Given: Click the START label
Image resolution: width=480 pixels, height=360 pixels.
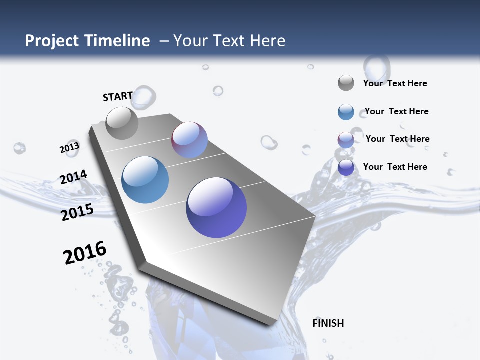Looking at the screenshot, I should (x=118, y=96).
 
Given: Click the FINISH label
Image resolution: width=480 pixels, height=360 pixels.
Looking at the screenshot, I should (x=328, y=323).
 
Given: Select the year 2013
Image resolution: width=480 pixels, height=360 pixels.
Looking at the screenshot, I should (x=69, y=148).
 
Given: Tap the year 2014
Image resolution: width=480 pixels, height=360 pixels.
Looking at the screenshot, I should (x=73, y=177).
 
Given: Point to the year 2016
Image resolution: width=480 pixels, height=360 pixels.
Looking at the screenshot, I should (x=85, y=253).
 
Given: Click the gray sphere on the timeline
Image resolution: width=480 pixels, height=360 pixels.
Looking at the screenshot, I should (x=122, y=123).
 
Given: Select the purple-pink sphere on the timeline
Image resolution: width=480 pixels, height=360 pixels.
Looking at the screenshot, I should (x=189, y=140).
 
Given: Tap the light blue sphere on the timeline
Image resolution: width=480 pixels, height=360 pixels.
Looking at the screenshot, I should (x=145, y=180).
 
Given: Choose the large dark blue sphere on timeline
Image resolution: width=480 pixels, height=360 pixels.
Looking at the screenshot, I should (x=216, y=207).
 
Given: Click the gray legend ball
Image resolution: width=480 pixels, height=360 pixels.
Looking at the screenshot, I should (x=346, y=83).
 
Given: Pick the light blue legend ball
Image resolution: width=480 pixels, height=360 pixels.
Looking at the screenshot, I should (x=346, y=112).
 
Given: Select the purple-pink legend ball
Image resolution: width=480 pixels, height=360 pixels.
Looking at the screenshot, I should (x=346, y=140).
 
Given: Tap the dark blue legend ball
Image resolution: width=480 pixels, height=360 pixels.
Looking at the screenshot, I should (x=346, y=167).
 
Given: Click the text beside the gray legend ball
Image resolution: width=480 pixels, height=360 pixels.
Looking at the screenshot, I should (x=395, y=83).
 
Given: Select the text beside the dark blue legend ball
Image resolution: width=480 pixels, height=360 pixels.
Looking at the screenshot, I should (x=395, y=167).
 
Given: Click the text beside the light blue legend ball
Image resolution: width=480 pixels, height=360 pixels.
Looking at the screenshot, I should (x=396, y=111).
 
